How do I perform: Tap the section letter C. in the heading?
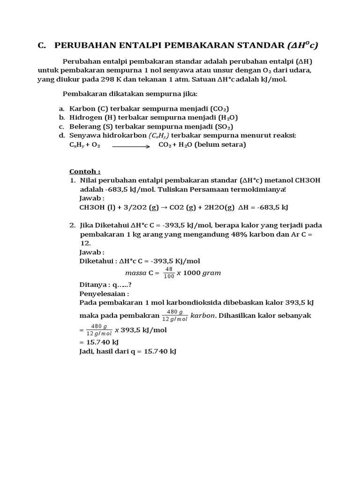point(43,45)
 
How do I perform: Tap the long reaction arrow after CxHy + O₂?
point(131,146)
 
